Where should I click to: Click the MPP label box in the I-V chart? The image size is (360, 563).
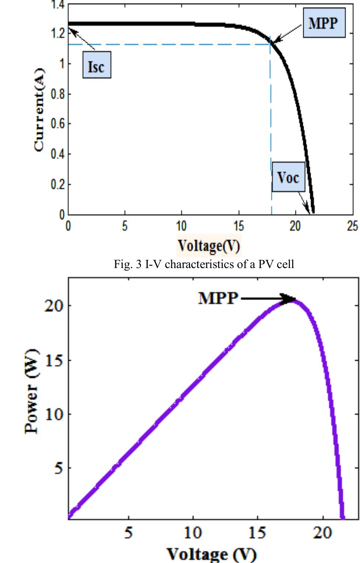tap(324, 23)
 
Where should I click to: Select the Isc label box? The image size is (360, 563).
tap(97, 65)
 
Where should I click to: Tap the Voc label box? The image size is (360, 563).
tap(288, 177)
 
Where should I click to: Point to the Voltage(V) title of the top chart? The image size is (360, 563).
tap(209, 245)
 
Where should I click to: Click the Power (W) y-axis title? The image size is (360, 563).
tap(32, 391)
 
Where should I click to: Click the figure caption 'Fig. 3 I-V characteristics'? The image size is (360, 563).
tap(204, 264)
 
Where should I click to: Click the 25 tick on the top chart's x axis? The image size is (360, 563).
tap(352, 226)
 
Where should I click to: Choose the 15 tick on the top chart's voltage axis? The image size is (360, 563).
tap(238, 226)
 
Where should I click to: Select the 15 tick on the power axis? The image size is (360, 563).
tap(53, 360)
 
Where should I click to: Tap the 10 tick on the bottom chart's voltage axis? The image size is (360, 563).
tap(193, 533)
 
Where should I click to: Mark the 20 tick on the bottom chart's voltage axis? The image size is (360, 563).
tap(322, 533)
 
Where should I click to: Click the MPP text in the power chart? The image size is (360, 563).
tap(218, 298)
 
